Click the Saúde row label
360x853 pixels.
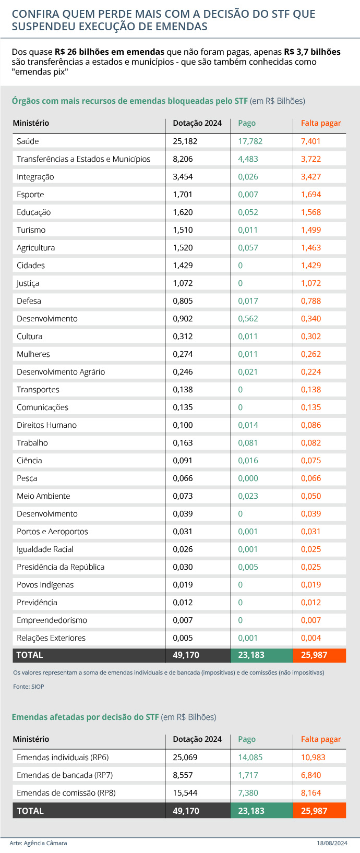tap(28, 141)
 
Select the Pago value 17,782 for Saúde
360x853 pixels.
tap(250, 141)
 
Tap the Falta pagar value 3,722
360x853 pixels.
tap(311, 159)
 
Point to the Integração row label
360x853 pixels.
tap(35, 177)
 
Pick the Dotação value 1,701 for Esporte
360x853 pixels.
tap(183, 195)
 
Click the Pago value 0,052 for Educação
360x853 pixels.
tap(248, 212)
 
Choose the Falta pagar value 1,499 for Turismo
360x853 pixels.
tap(311, 230)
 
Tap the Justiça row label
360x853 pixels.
tap(28, 283)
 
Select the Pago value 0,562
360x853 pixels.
tap(248, 319)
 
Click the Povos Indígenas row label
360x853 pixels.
tap(45, 585)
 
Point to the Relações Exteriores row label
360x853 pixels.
tap(51, 638)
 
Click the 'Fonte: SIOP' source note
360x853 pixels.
tap(29, 687)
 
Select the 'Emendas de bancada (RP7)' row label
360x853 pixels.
tap(65, 775)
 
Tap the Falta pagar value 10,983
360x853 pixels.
tap(313, 758)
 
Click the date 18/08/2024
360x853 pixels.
tap(332, 843)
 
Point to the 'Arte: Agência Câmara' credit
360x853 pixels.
tap(38, 843)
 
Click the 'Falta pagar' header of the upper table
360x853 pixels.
tap(321, 123)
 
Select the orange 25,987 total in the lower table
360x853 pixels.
tap(314, 811)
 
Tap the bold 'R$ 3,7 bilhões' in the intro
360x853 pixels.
tap(312, 52)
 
